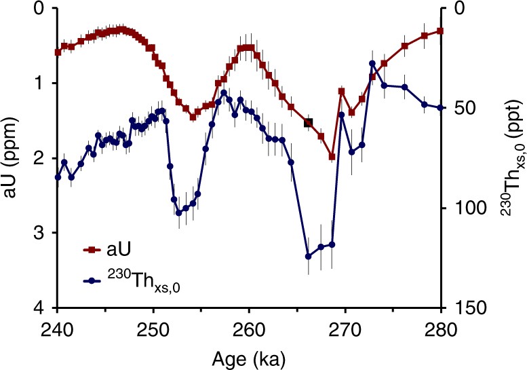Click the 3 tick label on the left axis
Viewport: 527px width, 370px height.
[x=41, y=233]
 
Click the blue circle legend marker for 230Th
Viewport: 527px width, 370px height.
[x=87, y=280]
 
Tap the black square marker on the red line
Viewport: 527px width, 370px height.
[x=308, y=123]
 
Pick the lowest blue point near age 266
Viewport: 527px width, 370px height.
[x=308, y=256]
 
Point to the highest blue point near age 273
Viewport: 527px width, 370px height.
[x=372, y=64]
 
